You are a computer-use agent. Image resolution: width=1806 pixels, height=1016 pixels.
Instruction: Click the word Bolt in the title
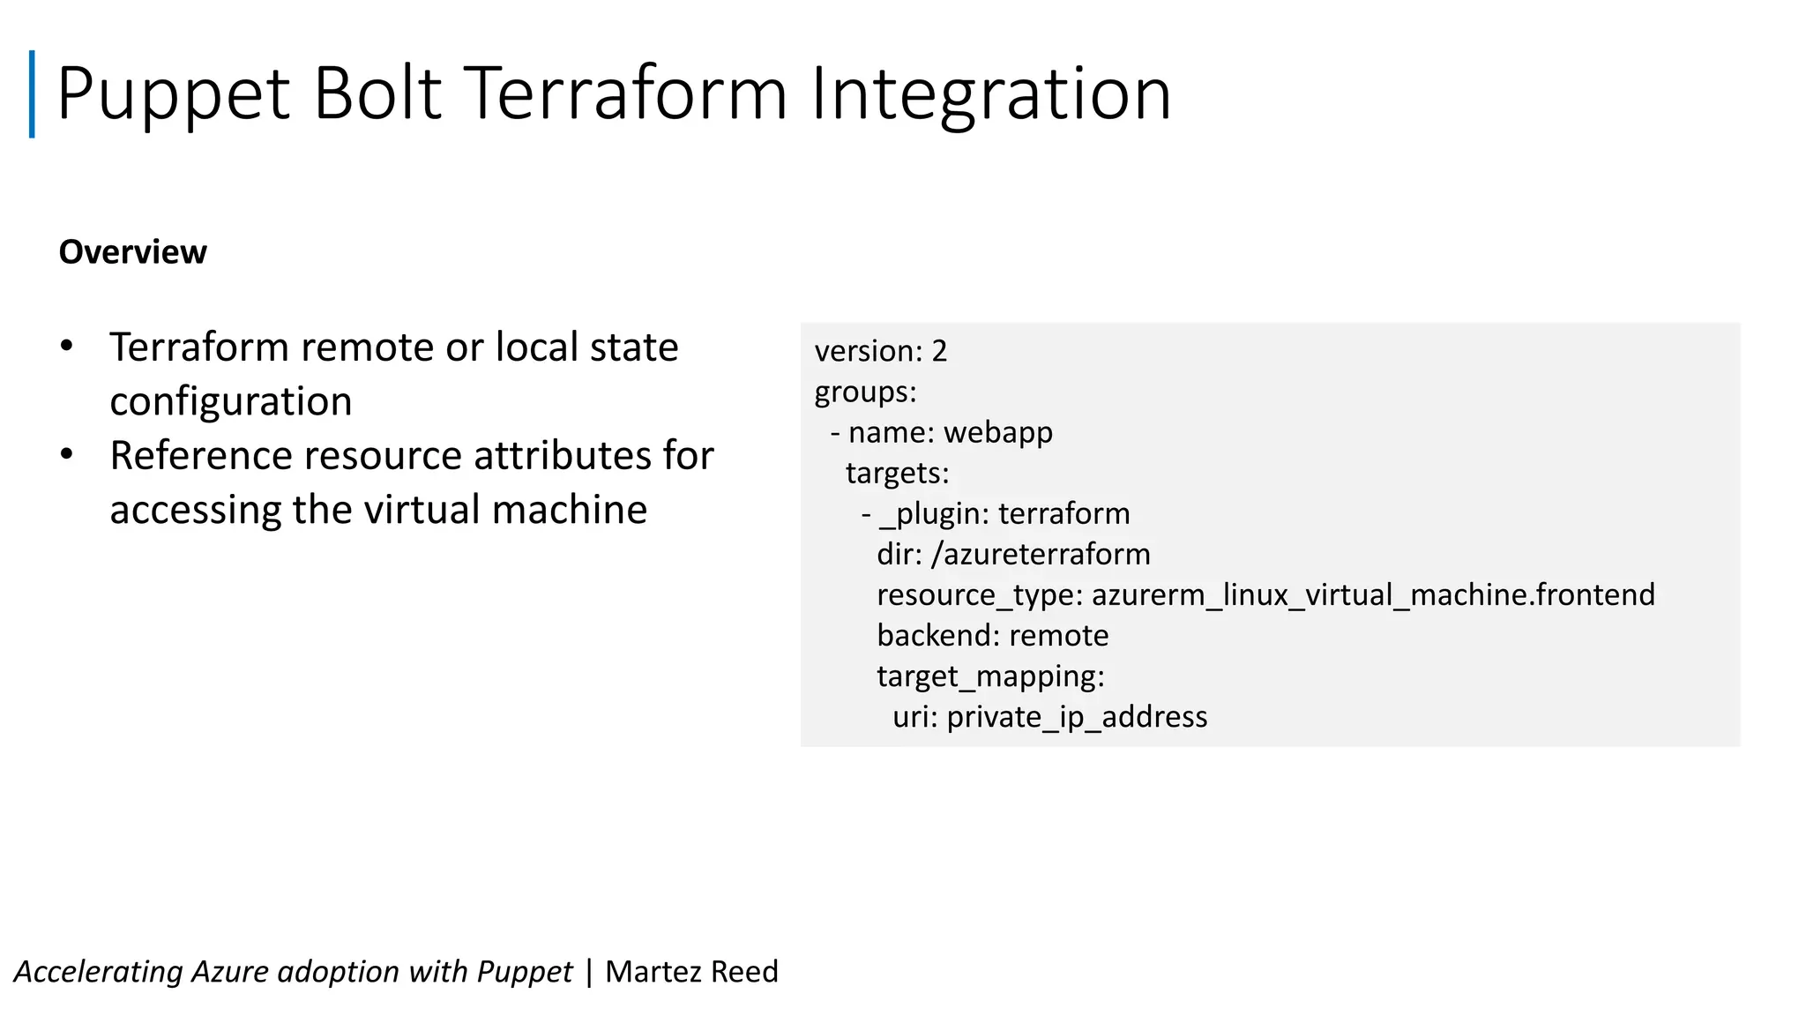tap(377, 93)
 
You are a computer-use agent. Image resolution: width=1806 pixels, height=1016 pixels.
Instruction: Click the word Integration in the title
tap(990, 93)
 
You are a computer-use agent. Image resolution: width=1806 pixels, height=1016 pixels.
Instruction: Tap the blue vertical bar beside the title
tap(33, 94)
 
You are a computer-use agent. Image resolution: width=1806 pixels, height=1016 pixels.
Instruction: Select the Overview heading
tap(132, 252)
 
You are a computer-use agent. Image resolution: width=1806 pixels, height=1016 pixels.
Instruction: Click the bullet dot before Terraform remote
tap(67, 347)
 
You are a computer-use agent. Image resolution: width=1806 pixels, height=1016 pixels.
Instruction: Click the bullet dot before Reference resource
tap(67, 455)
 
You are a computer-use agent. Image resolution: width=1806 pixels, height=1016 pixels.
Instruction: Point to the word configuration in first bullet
tap(230, 401)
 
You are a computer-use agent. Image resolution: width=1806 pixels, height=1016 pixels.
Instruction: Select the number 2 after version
tap(939, 351)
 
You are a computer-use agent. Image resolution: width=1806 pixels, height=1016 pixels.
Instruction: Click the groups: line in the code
tap(865, 392)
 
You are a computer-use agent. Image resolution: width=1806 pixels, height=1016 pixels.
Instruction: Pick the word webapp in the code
tap(997, 432)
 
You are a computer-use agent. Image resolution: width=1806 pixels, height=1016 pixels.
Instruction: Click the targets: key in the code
tap(897, 473)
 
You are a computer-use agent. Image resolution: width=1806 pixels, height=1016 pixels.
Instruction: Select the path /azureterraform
tap(1041, 554)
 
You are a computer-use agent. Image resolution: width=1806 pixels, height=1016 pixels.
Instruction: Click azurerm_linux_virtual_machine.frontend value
tap(1372, 594)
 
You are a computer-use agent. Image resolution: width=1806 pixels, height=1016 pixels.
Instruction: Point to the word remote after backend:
tap(1058, 635)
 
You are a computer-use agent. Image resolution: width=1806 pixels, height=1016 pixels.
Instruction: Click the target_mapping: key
tap(990, 676)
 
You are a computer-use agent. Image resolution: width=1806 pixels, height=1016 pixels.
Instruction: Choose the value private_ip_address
tap(1077, 717)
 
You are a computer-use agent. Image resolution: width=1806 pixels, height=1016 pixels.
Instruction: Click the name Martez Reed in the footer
tap(691, 971)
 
